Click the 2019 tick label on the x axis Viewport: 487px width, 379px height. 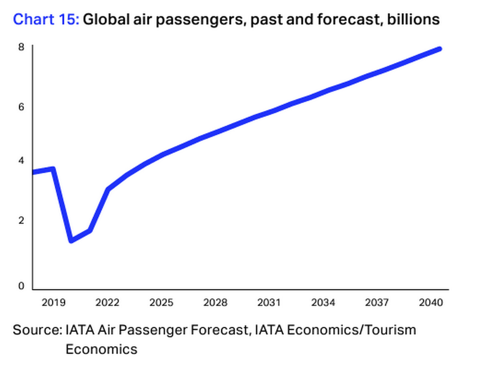point(53,303)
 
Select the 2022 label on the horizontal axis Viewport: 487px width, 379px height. point(107,303)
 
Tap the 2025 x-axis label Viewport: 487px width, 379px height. point(161,303)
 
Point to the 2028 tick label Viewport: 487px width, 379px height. point(215,303)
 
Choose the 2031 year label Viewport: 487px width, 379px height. point(269,303)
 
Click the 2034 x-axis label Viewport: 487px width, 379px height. point(323,303)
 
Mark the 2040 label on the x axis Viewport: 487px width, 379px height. point(431,303)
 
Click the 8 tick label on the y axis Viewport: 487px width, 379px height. point(21,47)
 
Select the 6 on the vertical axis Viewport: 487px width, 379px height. point(21,107)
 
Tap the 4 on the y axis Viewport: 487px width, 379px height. point(21,160)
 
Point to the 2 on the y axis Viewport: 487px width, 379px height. point(21,220)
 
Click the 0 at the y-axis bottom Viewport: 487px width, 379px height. point(21,286)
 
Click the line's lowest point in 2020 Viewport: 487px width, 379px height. point(72,240)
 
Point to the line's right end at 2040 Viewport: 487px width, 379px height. point(439,49)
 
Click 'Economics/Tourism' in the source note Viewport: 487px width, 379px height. point(351,330)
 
